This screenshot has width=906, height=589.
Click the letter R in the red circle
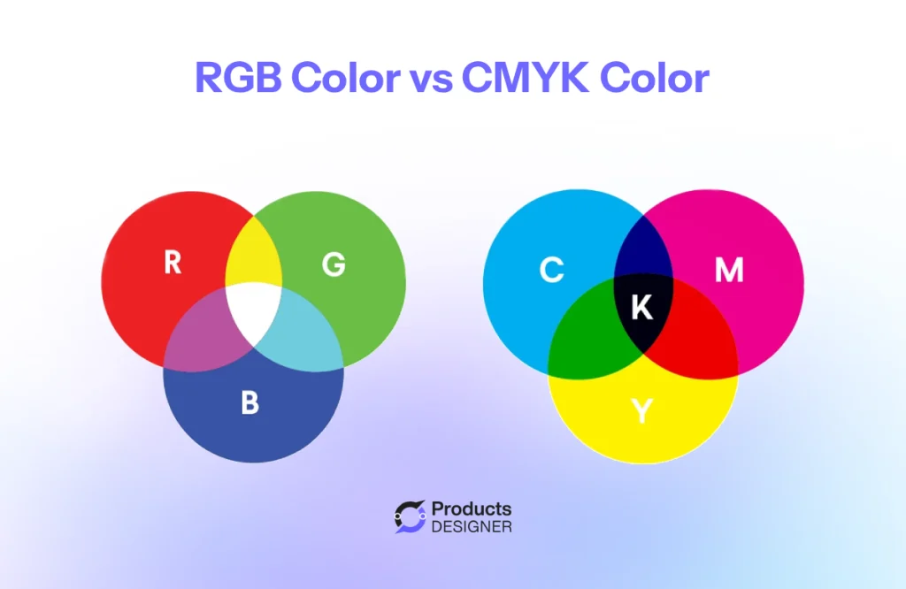pos(173,263)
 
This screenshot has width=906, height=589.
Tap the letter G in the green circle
pos(333,264)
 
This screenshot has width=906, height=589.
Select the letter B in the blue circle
pos(250,403)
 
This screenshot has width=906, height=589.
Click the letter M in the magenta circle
pos(728,271)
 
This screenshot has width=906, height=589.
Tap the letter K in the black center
pos(641,308)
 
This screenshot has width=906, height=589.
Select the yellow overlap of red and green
pos(254,257)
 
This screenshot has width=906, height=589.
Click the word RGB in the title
pos(236,79)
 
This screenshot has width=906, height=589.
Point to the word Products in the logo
pos(471,509)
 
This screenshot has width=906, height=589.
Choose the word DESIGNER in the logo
pos(472,527)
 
